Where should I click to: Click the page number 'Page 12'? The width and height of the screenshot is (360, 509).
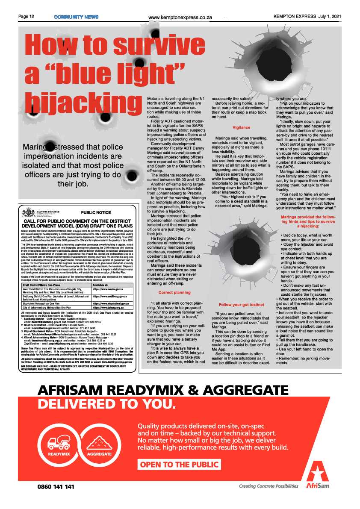pyautogui.click(x=26, y=17)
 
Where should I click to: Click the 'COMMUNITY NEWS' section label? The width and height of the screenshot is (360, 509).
pyautogui.click(x=76, y=17)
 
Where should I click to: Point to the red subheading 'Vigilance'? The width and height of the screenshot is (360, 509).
pyautogui.click(x=241, y=128)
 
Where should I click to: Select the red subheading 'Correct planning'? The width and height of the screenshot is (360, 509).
pyautogui.click(x=174, y=280)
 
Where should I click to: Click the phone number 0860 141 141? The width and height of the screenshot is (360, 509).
pyautogui.click(x=56, y=486)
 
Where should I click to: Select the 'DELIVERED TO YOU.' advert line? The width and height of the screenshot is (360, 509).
pyautogui.click(x=106, y=404)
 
